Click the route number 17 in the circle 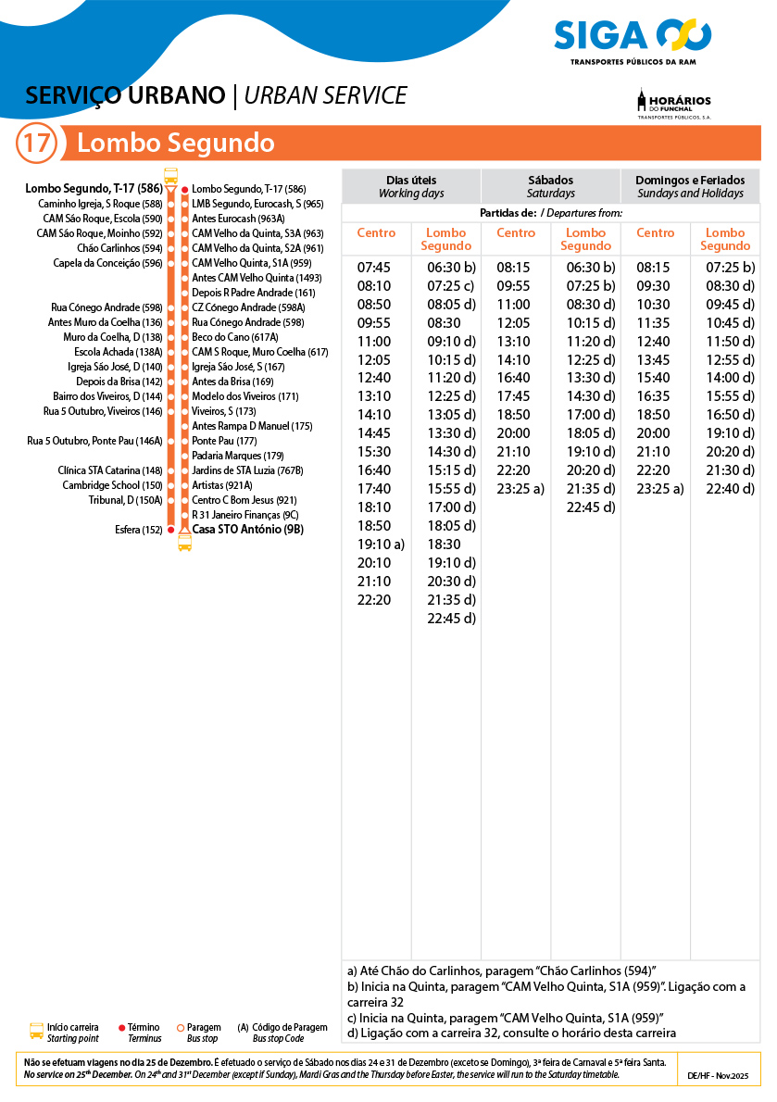coord(37,144)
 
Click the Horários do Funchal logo coord(674,104)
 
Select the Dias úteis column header coord(411,186)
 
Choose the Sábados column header coord(550,186)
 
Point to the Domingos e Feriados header coord(690,186)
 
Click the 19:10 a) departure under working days coord(381,545)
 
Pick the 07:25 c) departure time coord(450,285)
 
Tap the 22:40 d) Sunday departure coord(730,489)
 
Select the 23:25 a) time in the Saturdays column coord(520,489)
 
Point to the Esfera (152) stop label coord(139,530)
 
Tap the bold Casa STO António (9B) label coord(247,530)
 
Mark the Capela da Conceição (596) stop coord(107,263)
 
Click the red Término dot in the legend coord(122,1028)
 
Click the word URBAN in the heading coord(282,95)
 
